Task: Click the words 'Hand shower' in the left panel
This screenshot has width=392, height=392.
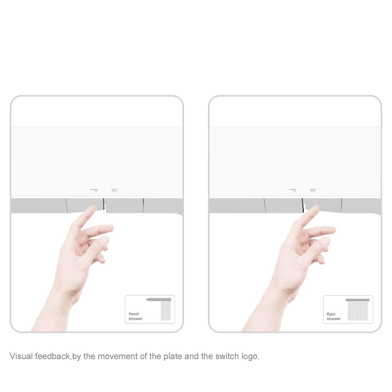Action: coord(135,316)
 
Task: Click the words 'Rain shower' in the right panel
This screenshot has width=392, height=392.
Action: coord(334,316)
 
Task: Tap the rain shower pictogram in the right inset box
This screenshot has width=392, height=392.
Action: coord(358,309)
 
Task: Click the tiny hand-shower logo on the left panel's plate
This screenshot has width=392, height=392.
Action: coord(94,190)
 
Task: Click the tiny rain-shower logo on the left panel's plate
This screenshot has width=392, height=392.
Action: coord(114,190)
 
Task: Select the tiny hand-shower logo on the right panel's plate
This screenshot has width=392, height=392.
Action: coord(293,190)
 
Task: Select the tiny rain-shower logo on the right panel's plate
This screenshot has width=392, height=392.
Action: coord(313,190)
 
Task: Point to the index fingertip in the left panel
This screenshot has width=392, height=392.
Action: coord(93,207)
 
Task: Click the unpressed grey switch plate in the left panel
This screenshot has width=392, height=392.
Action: coord(124,205)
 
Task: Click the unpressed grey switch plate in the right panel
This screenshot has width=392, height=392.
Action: coord(284,205)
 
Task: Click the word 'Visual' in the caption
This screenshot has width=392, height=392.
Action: coord(21,356)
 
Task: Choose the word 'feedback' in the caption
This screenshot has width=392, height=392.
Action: coord(53,356)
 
